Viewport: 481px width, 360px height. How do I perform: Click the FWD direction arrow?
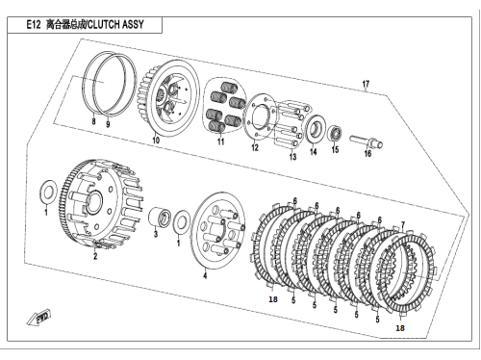click(38, 317)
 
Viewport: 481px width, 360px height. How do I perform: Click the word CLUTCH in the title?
click(103, 24)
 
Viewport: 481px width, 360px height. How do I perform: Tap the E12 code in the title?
click(34, 24)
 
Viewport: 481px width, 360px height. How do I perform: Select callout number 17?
click(366, 84)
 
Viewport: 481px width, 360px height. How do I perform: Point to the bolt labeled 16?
click(366, 141)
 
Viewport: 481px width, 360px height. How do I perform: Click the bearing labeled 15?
click(336, 133)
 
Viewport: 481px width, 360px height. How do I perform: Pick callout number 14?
click(314, 151)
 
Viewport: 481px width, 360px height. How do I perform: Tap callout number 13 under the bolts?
click(292, 157)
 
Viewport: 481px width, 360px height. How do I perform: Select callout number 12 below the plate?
click(255, 147)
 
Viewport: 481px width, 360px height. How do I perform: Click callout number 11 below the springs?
click(220, 141)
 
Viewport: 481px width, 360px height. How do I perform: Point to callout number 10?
click(156, 141)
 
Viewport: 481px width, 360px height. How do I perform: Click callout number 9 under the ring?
click(108, 124)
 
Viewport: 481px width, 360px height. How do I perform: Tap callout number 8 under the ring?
click(93, 121)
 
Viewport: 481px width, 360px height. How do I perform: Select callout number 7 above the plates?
click(403, 225)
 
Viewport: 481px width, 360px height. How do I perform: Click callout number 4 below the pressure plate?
click(205, 275)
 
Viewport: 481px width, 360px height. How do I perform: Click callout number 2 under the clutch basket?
click(95, 256)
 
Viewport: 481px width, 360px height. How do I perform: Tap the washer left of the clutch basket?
click(48, 192)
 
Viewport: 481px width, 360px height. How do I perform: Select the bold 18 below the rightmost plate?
click(400, 328)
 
